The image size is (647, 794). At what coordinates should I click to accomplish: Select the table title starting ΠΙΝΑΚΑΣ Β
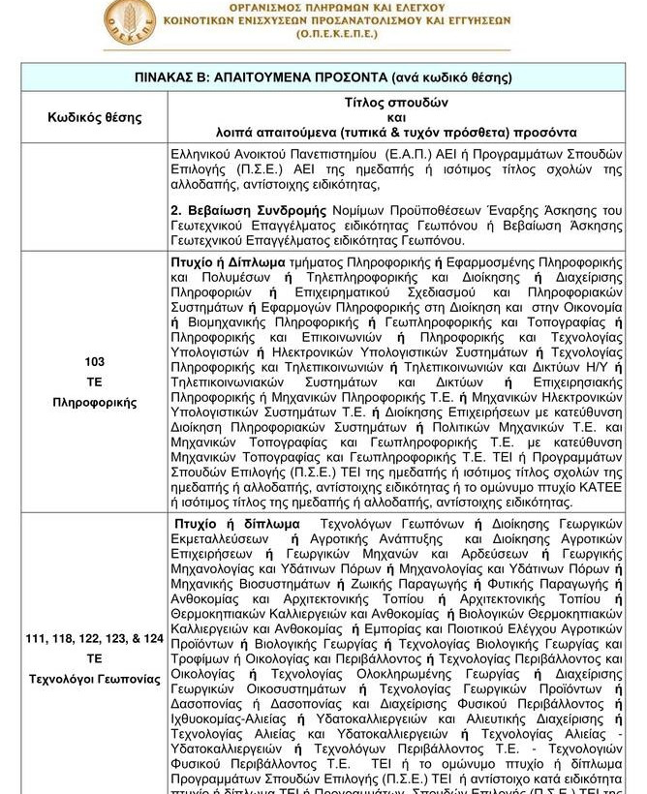[323, 77]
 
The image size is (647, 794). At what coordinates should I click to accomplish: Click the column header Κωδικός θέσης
[95, 117]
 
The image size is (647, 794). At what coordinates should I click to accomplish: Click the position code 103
[95, 361]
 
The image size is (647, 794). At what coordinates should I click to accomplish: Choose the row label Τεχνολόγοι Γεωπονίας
[95, 679]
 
